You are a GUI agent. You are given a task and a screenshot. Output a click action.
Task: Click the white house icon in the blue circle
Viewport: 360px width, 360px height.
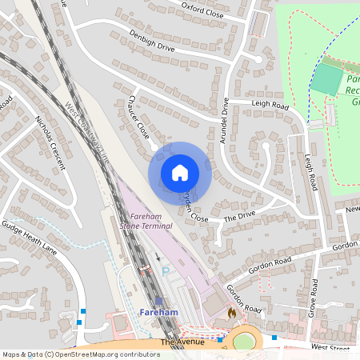click(180, 173)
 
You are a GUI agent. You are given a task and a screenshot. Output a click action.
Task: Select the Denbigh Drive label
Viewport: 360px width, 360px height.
click(151, 40)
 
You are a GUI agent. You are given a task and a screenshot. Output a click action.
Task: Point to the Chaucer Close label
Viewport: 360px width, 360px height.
click(138, 122)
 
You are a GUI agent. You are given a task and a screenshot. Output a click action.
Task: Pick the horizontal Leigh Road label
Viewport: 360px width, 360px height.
click(269, 105)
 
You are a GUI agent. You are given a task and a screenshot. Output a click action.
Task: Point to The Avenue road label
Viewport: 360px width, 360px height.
click(178, 342)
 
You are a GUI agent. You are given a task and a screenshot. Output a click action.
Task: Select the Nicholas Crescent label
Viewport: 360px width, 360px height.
click(50, 143)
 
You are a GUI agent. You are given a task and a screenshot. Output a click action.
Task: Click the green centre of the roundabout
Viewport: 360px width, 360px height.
click(244, 342)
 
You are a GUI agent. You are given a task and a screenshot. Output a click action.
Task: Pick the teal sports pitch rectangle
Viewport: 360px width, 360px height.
click(326, 81)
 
